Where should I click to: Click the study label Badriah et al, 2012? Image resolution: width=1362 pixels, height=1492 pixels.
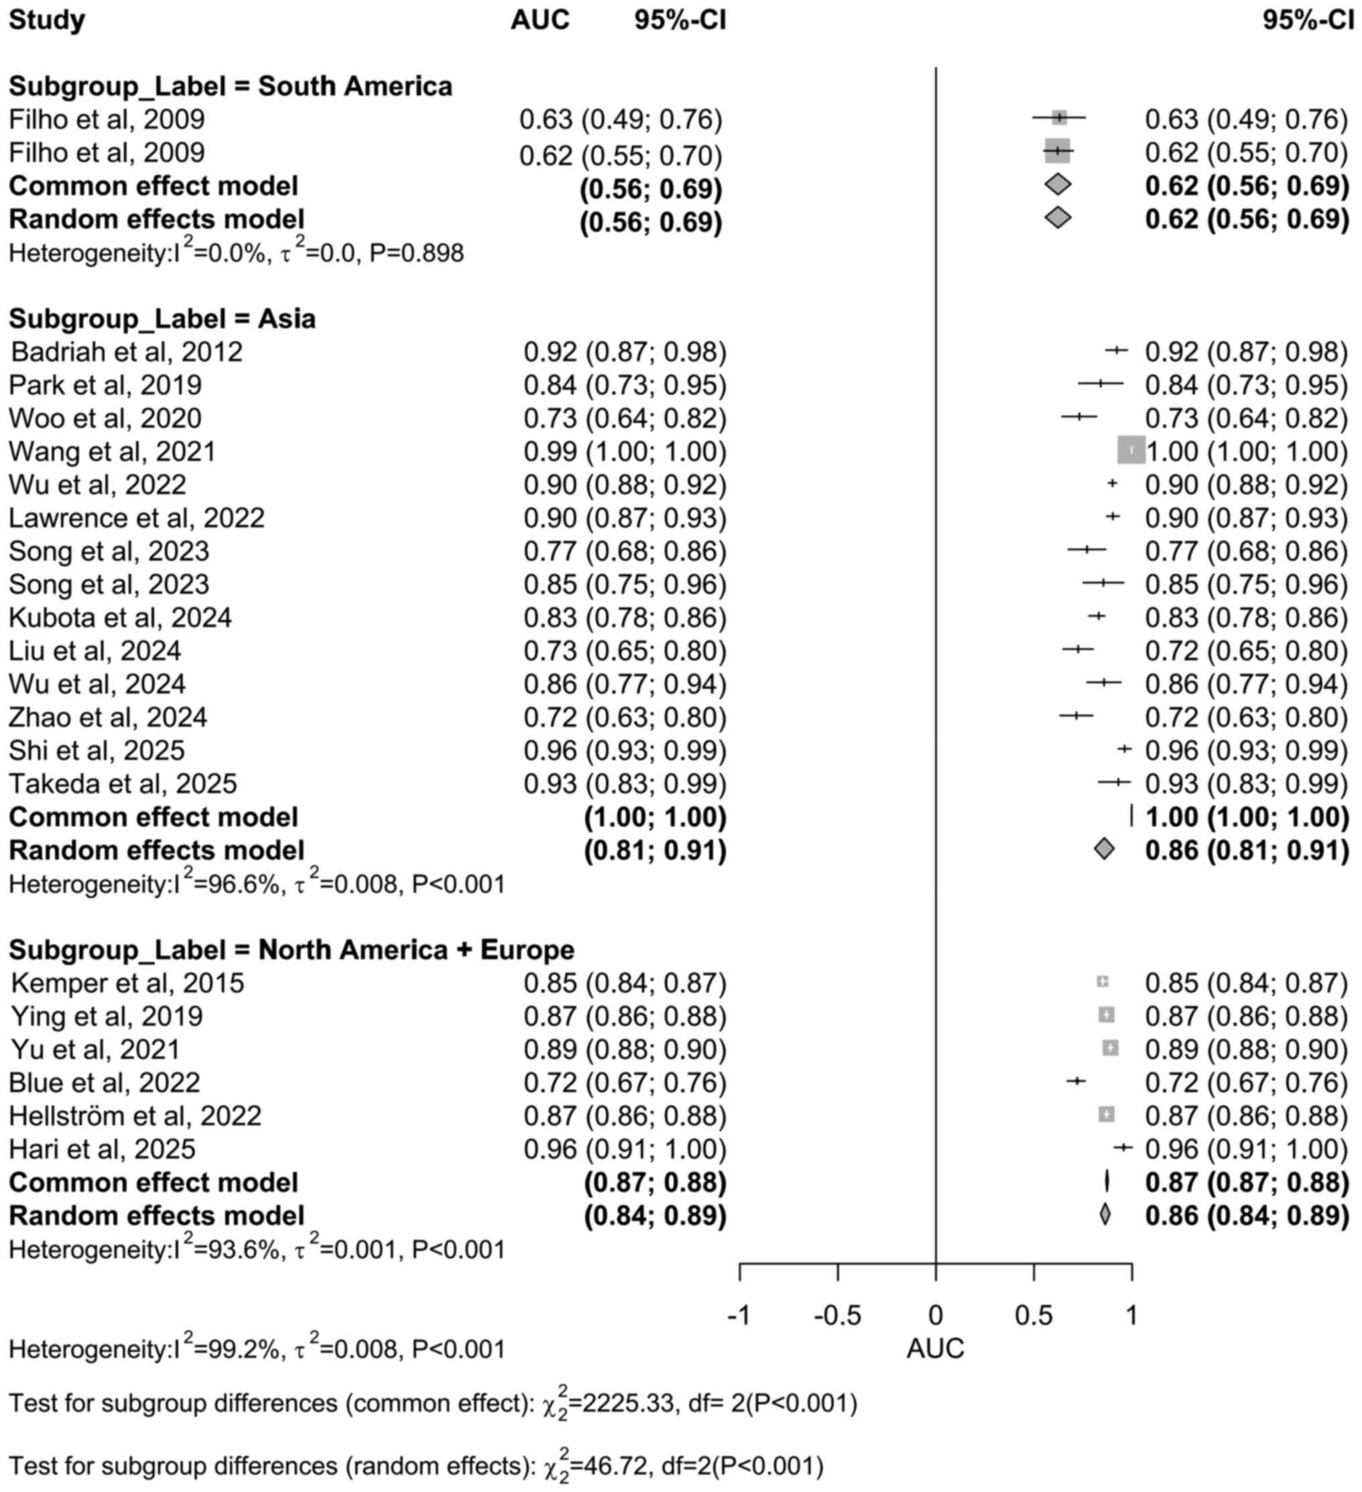127,351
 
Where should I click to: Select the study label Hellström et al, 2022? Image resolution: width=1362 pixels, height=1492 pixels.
135,1115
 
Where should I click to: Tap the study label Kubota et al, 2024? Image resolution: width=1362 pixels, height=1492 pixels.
120,617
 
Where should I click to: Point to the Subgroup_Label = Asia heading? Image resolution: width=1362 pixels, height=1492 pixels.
162,318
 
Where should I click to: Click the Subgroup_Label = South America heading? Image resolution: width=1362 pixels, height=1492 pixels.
230,86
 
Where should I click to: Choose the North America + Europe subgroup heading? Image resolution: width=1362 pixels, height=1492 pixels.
292,950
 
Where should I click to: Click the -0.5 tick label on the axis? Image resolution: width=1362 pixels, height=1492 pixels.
837,1315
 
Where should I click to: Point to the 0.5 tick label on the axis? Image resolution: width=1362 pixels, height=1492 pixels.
1034,1315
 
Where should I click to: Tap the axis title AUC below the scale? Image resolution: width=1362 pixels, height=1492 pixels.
935,1349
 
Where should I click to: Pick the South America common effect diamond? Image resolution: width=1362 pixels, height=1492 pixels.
1058,184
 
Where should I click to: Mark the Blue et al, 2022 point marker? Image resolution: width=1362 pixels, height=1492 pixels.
1076,1081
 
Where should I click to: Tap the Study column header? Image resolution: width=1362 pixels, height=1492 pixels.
47,20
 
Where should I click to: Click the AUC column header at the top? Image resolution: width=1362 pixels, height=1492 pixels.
540,20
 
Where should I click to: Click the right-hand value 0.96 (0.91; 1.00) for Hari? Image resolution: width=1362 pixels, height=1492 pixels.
1247,1149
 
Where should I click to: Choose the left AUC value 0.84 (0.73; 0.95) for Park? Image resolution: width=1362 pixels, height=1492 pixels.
625,385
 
